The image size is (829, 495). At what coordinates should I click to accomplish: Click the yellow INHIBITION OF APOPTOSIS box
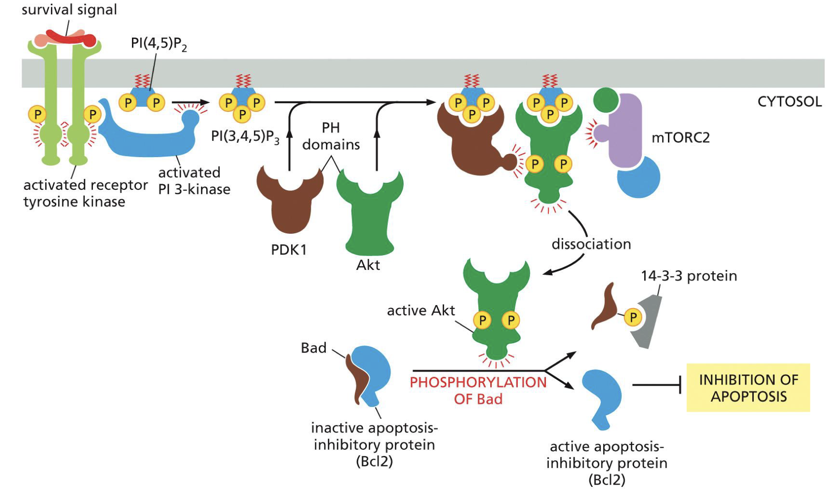point(748,387)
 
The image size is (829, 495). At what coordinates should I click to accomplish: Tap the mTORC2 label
point(680,138)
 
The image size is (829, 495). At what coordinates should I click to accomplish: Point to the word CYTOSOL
point(789,102)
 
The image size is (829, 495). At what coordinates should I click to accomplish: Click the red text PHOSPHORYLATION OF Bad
point(478,390)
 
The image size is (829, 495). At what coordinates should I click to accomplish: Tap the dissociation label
point(591,244)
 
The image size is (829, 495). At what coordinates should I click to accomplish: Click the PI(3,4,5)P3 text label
point(245,137)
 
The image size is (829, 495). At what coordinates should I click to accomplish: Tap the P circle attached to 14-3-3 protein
point(633,317)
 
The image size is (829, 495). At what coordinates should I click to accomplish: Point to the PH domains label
point(331,136)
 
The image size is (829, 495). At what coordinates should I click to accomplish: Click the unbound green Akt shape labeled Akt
point(369,214)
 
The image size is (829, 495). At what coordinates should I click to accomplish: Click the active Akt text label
point(421,311)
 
